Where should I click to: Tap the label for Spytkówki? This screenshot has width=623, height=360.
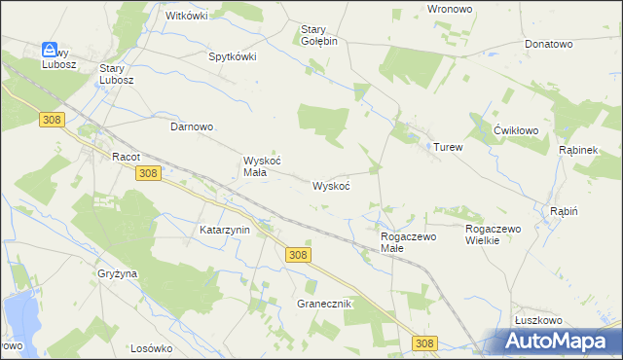pos(233,56)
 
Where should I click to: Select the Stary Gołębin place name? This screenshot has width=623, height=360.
pos(317,35)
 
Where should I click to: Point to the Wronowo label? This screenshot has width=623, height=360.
pos(450,8)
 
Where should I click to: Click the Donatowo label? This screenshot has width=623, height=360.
pos(548,45)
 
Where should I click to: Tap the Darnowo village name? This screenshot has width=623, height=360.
pos(192,127)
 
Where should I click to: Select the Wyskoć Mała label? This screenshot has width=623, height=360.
pos(261,167)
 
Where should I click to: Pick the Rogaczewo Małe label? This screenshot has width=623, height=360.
pos(407,241)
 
